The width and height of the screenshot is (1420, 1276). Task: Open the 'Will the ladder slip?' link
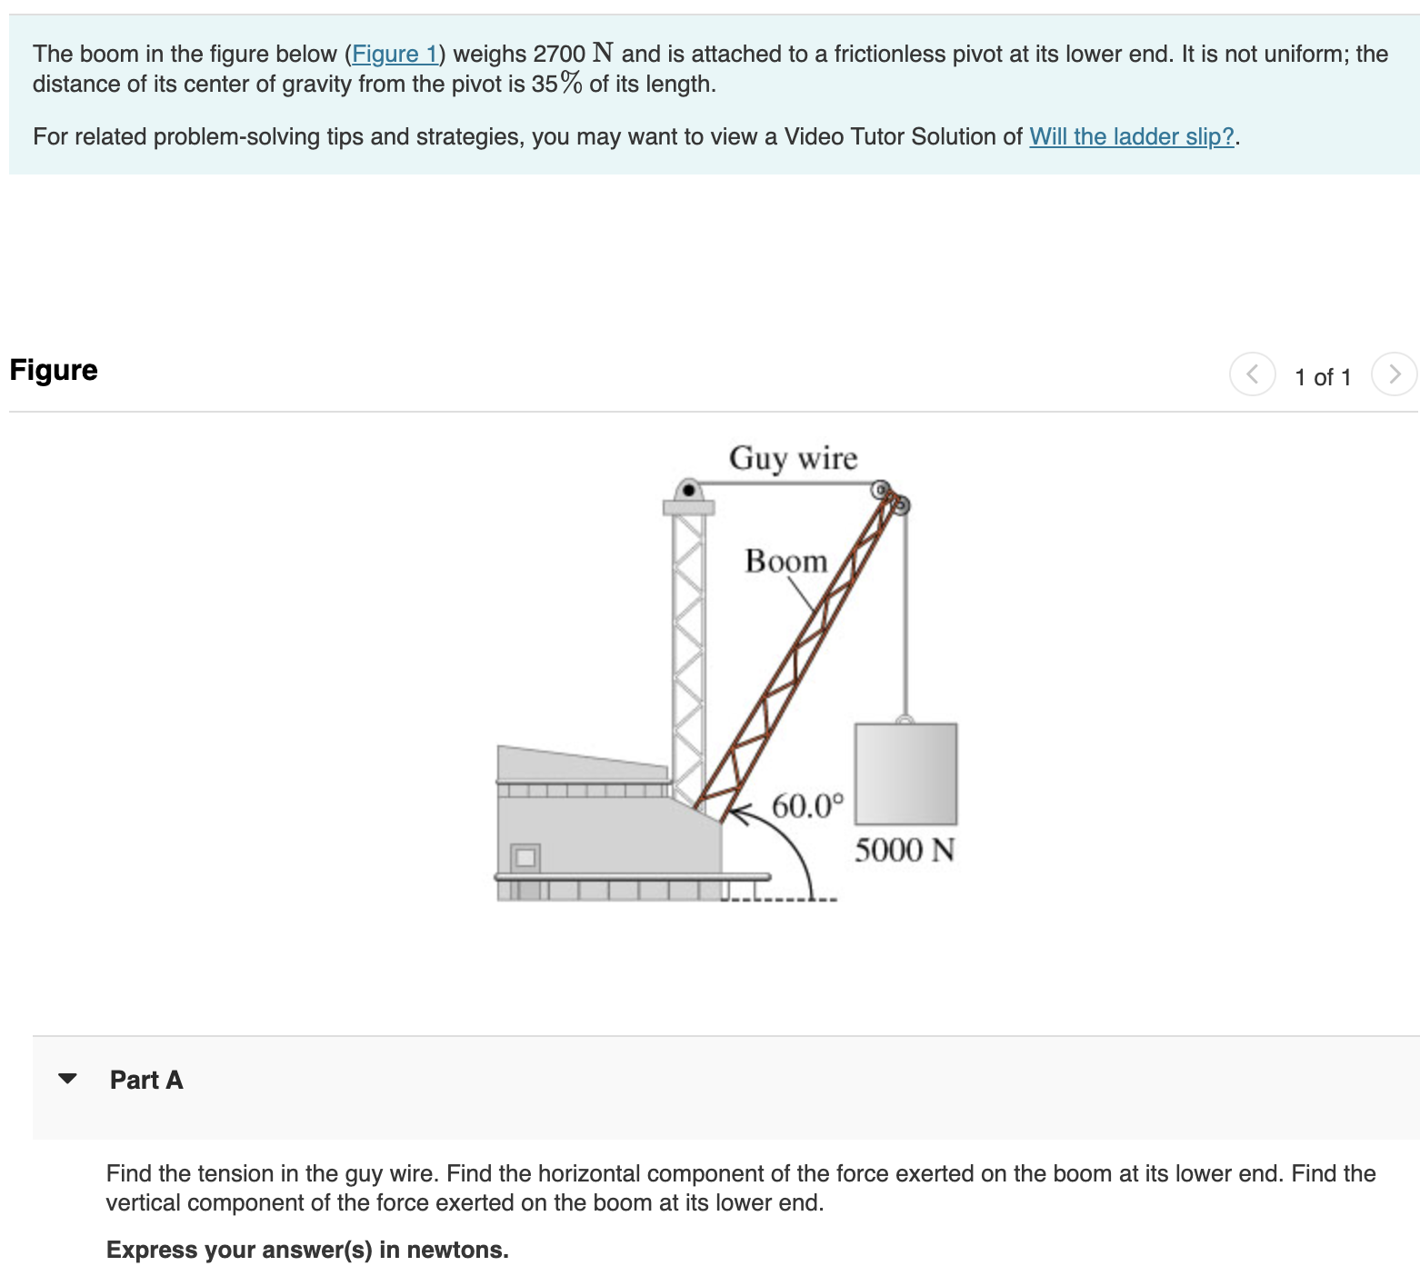point(1131,137)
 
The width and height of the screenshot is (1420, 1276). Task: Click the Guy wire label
point(793,458)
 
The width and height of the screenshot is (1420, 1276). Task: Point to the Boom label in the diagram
point(785,562)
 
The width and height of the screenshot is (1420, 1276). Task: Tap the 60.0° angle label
point(807,806)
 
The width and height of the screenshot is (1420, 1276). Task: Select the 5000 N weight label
point(904,851)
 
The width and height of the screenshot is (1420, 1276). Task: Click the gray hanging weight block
point(905,773)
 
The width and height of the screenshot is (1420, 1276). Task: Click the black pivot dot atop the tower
point(688,492)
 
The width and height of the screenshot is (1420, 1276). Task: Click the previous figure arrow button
point(1252,374)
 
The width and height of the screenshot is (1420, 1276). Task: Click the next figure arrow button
point(1394,374)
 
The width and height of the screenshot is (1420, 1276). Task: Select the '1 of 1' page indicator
point(1323,377)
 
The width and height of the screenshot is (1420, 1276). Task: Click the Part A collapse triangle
point(67,1079)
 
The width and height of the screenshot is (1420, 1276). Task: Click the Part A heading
point(146,1080)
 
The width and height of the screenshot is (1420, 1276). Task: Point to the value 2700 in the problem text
point(559,55)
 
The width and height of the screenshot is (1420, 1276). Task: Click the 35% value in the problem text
point(556,85)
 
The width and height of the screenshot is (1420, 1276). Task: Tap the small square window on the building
point(525,857)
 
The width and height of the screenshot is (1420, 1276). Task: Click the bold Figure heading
point(54,371)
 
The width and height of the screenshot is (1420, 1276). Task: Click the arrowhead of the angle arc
point(735,813)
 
